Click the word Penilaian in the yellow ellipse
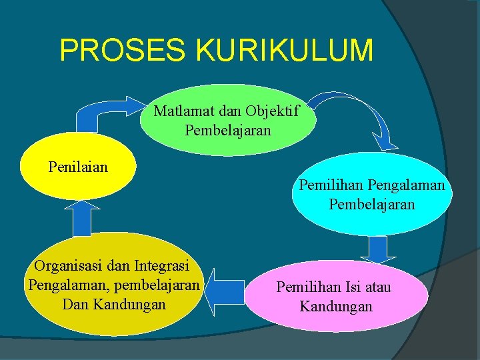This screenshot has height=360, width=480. click(x=77, y=166)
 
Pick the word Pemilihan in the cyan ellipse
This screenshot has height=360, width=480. click(x=329, y=185)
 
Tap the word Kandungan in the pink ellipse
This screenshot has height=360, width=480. click(x=336, y=307)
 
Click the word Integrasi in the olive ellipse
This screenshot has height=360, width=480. click(x=161, y=266)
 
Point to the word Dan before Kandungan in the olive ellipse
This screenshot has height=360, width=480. click(x=75, y=305)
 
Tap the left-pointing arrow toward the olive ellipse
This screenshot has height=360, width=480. click(x=223, y=291)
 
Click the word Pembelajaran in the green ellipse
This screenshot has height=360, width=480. click(x=228, y=129)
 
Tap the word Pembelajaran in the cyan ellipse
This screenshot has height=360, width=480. click(x=372, y=204)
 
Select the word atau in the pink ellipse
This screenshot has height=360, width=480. click(x=375, y=287)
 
